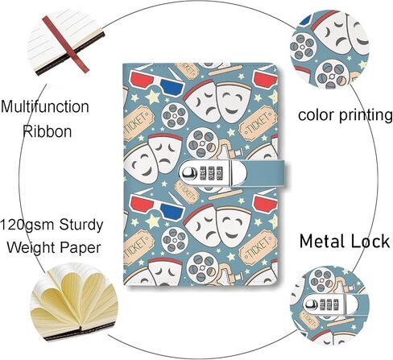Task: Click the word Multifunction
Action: pyautogui.click(x=45, y=106)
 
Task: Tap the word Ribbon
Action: pyautogui.click(x=48, y=131)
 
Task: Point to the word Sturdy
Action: pyautogui.click(x=81, y=226)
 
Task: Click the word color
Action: pyautogui.click(x=316, y=115)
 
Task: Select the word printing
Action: pyautogui.click(x=366, y=116)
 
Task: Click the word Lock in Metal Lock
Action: pyautogui.click(x=367, y=242)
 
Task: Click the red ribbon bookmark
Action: pyautogui.click(x=65, y=44)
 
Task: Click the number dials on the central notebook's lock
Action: pyautogui.click(x=212, y=173)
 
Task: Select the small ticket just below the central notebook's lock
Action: pyautogui.click(x=187, y=192)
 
